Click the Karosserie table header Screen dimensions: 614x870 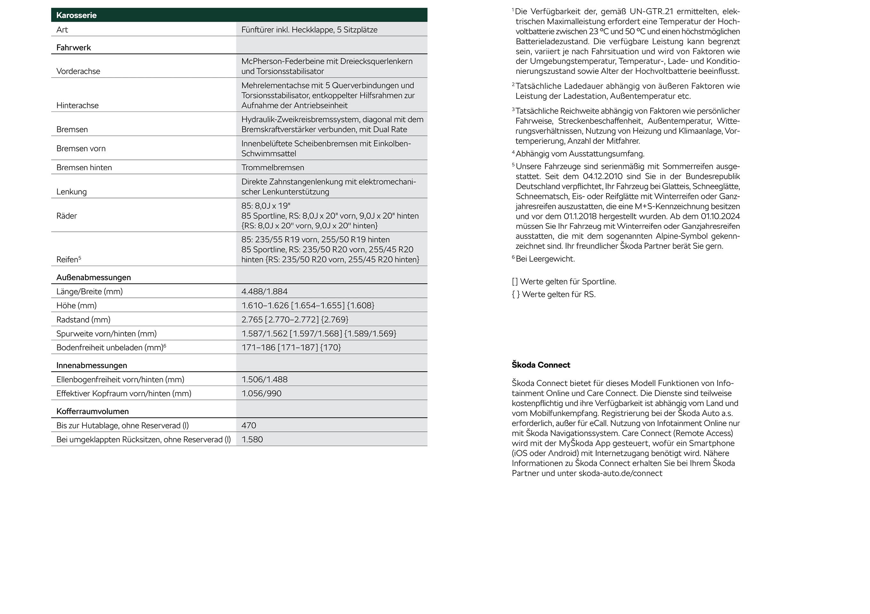click(76, 15)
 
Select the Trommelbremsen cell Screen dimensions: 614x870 click(273, 168)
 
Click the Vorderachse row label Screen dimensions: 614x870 click(78, 71)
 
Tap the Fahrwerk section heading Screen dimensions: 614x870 click(74, 47)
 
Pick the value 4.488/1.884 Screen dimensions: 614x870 click(264, 291)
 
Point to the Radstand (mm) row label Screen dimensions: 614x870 click(83, 319)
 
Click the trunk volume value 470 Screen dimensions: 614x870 click(249, 425)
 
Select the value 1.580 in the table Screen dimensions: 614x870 click(252, 439)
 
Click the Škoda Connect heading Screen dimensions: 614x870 click(541, 365)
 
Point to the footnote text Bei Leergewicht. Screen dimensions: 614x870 click(545, 259)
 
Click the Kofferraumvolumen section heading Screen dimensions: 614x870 click(92, 411)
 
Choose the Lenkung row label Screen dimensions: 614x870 click(72, 192)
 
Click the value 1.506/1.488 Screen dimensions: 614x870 click(264, 379)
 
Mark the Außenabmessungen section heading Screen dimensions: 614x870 click(94, 277)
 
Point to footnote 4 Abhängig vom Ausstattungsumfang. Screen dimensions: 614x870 click(580, 154)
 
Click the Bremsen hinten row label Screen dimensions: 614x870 click(84, 168)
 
